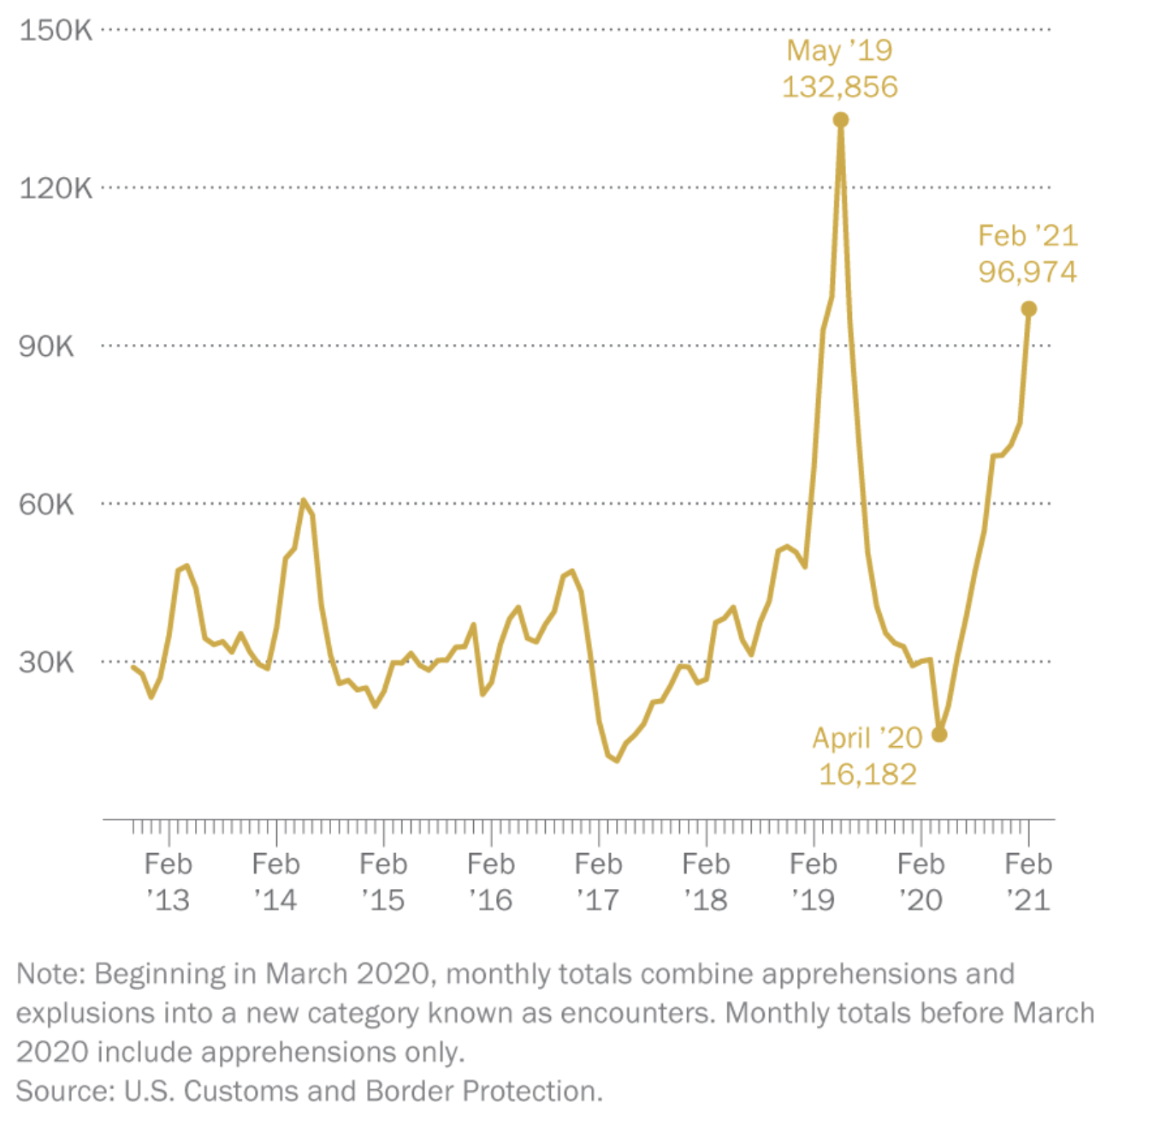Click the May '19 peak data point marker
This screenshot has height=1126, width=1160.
(841, 120)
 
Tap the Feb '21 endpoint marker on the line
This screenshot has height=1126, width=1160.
(1029, 309)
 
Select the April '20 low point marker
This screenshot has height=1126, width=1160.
(939, 734)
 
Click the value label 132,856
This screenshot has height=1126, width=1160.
(840, 87)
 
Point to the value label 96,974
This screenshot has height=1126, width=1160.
(1028, 272)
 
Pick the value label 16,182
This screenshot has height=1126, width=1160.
(867, 774)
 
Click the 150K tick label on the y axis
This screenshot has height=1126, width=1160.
(56, 31)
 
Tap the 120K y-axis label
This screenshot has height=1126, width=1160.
(56, 188)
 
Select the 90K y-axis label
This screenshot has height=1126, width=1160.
(47, 347)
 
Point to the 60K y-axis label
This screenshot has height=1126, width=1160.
(47, 504)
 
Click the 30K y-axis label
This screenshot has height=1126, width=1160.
(47, 662)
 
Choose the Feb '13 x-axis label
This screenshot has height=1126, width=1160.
(169, 881)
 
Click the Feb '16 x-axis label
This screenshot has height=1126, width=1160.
(491, 881)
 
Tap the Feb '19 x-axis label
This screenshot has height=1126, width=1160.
(814, 881)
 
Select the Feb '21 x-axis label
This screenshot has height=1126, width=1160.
(1028, 881)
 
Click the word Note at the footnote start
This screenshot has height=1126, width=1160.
(50, 974)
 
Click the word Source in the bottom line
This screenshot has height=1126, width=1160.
(64, 1091)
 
